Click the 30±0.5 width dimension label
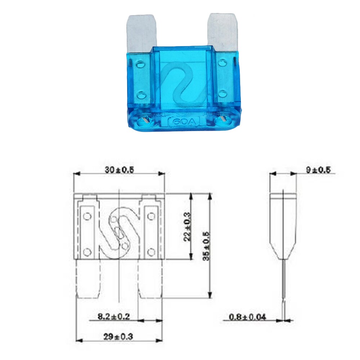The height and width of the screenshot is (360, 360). pyautogui.click(x=119, y=170)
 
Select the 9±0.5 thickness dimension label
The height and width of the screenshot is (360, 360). pyautogui.click(x=318, y=170)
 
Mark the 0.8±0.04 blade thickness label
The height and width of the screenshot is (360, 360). pyautogui.click(x=248, y=317)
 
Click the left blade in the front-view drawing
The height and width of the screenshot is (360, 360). pyautogui.click(x=88, y=279)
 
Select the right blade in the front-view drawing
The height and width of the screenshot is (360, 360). pyautogui.click(x=150, y=279)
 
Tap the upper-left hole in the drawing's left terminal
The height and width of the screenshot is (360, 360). pyautogui.click(x=86, y=216)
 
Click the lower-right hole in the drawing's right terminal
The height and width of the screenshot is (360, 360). pyautogui.click(x=151, y=251)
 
